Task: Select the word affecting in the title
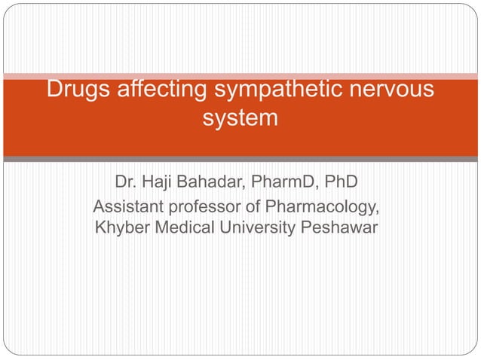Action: pyautogui.click(x=155, y=90)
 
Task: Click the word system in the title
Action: pyautogui.click(x=240, y=119)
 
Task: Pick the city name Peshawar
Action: pyautogui.click(x=339, y=227)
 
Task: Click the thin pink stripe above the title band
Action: pyautogui.click(x=240, y=75)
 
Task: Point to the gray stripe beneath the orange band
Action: pyautogui.click(x=240, y=159)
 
